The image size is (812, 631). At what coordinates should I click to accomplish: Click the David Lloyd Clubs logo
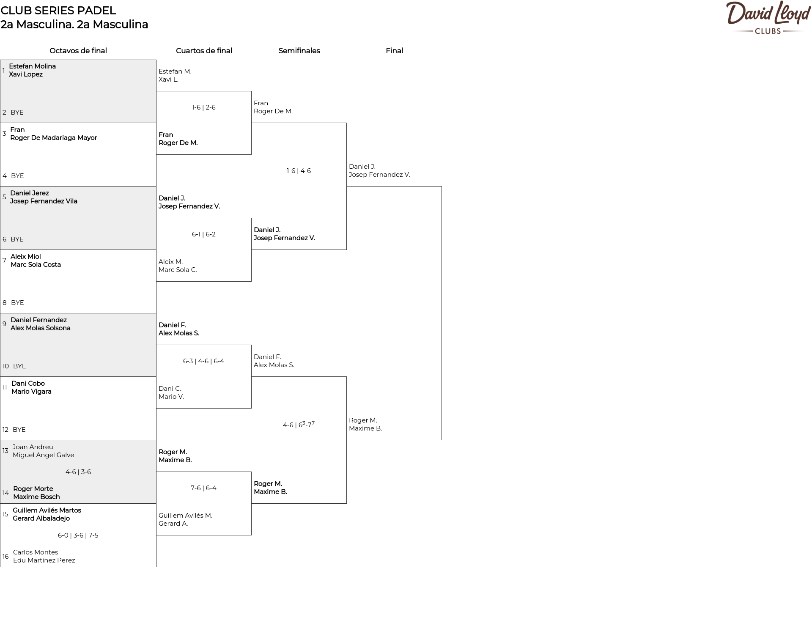point(768,17)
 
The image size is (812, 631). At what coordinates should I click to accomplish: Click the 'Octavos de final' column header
point(78,51)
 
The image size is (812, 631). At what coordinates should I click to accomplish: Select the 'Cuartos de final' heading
point(204,51)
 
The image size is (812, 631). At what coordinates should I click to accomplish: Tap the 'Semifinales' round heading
point(299,51)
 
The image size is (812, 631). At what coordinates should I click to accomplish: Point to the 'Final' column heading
point(394,51)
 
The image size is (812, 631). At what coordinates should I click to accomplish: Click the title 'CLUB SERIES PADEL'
point(58,11)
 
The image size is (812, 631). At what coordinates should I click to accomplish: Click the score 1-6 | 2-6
point(204,107)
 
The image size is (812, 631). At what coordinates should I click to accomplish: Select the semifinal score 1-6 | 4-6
point(299,171)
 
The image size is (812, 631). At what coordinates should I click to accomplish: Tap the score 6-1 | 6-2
point(204,234)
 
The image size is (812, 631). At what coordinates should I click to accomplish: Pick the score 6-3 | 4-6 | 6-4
point(204,361)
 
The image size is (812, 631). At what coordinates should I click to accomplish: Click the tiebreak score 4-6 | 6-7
point(299,424)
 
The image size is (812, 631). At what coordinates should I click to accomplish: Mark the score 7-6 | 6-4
point(203,488)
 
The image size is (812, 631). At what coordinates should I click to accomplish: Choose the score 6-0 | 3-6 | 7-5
point(78,535)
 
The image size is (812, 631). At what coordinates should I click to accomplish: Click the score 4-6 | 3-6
point(78,472)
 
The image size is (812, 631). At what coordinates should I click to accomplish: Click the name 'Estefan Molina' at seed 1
point(32,66)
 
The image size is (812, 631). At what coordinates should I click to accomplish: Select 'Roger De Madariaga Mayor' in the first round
point(54,138)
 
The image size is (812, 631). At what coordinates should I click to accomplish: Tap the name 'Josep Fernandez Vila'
point(44,201)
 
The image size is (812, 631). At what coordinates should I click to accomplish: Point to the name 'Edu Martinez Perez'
point(44,560)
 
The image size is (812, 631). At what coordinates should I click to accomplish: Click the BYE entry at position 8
point(17,303)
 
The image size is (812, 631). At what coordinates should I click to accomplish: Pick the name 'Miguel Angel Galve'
point(43,455)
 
